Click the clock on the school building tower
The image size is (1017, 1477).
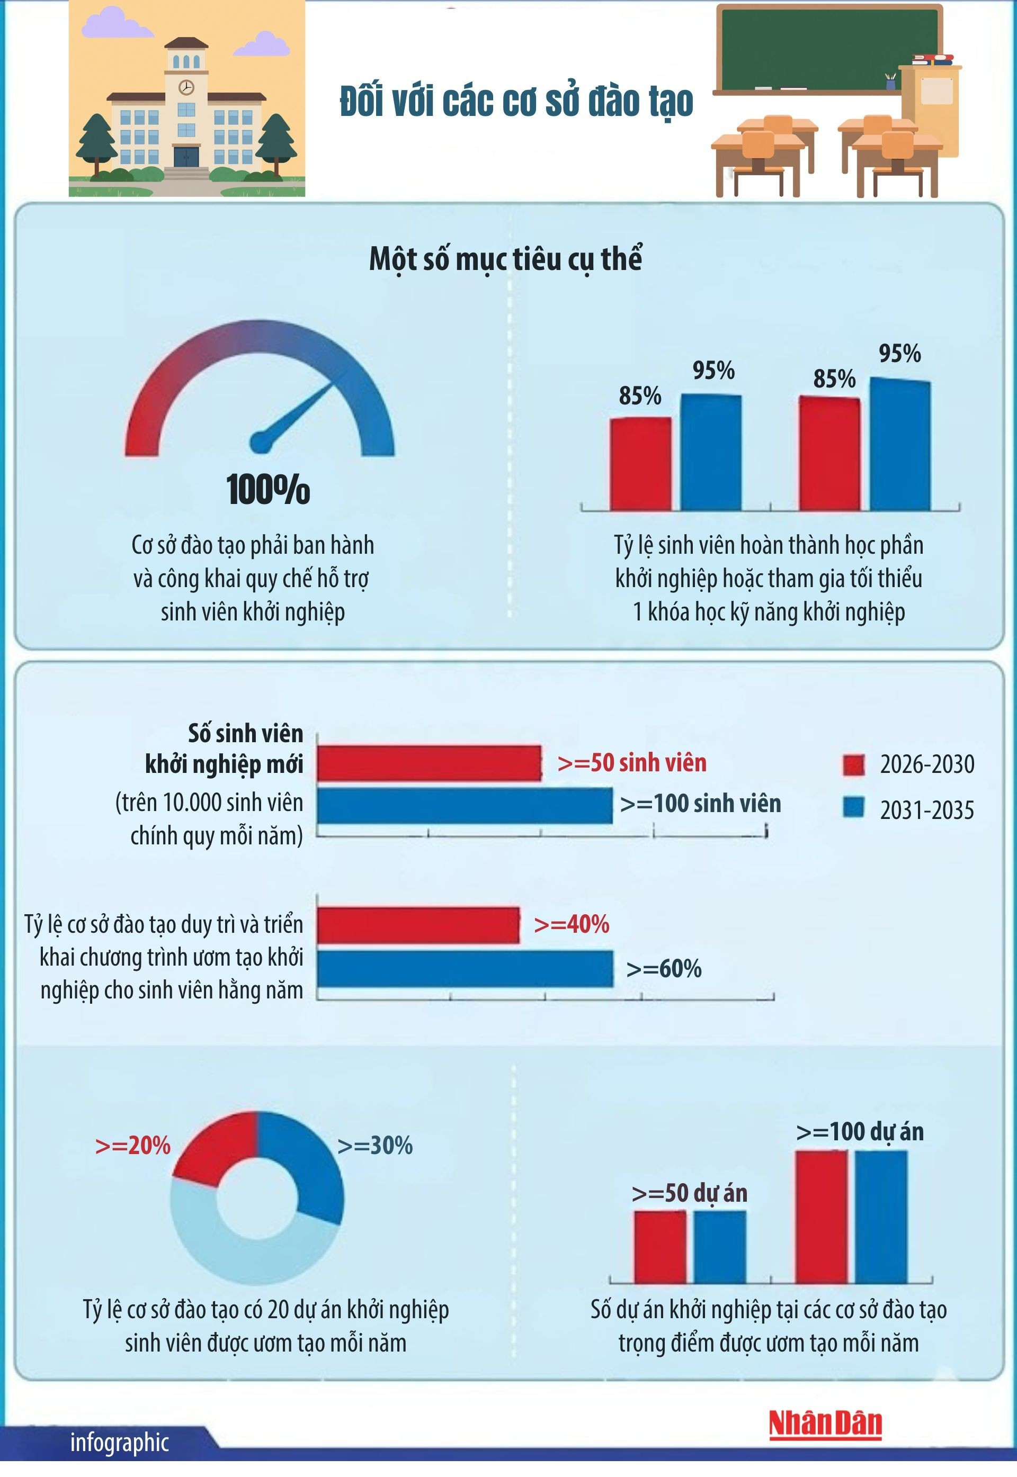(186, 87)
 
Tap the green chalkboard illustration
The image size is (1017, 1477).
(828, 48)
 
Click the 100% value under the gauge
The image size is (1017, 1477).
(268, 490)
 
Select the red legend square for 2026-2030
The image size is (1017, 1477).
(853, 765)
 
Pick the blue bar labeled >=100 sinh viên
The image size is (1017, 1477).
(465, 806)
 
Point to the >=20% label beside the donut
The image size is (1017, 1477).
(132, 1146)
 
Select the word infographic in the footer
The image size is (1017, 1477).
(119, 1442)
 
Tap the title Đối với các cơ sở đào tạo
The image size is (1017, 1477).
(516, 102)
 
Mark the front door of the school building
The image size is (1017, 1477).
(186, 157)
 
